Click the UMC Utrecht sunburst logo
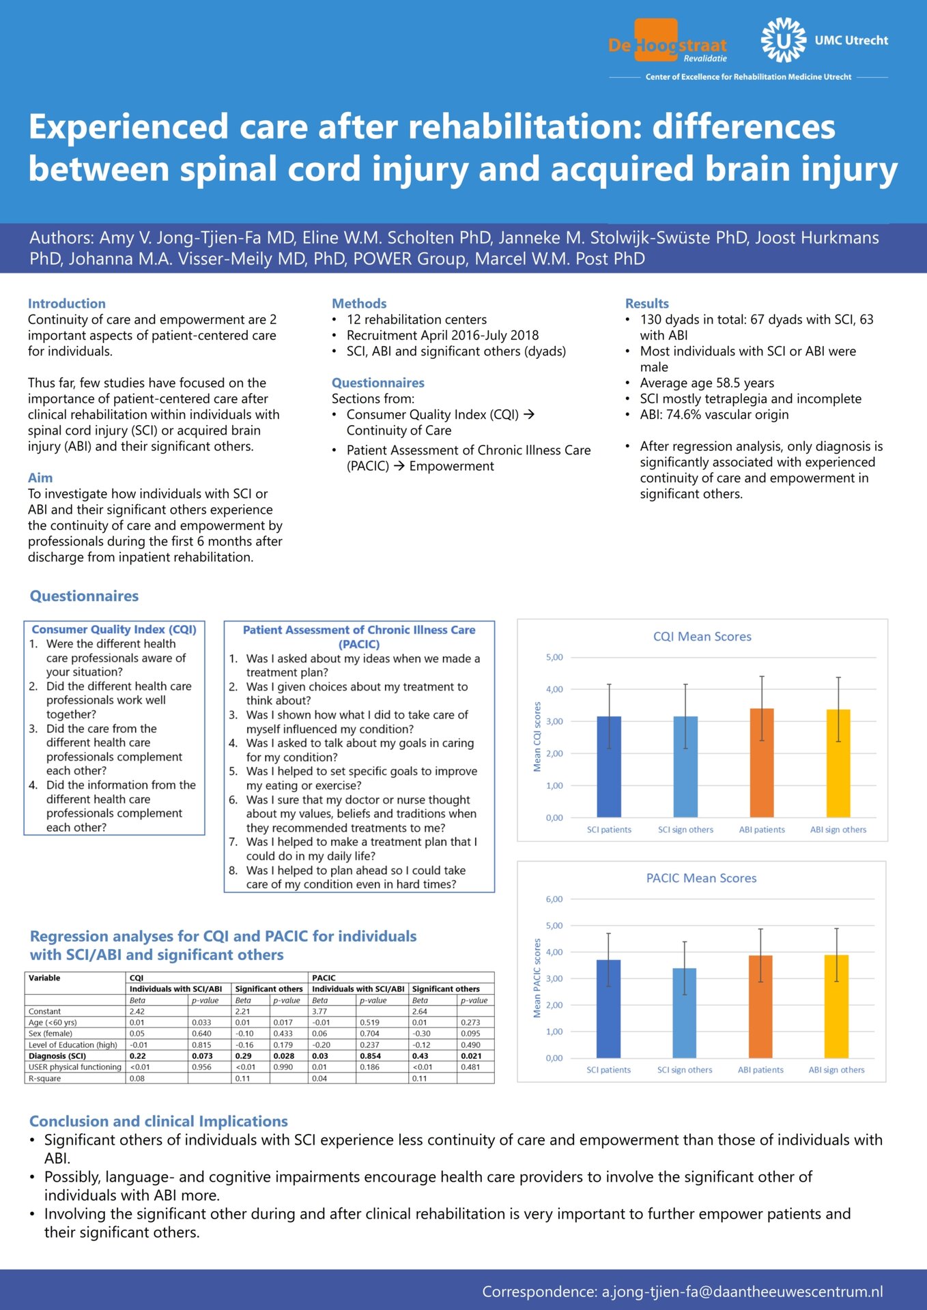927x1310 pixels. point(784,41)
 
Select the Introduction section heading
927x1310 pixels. point(67,304)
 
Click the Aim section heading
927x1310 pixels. point(40,478)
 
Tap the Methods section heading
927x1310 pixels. point(359,304)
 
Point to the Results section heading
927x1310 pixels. point(647,304)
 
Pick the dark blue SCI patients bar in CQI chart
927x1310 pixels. point(609,767)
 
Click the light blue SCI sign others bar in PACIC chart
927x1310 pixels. point(685,1013)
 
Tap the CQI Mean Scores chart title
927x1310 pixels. point(702,637)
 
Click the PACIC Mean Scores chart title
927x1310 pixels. point(701,878)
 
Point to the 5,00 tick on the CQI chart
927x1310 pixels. point(554,657)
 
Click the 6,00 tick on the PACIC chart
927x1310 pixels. point(554,899)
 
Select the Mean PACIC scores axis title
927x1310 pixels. point(537,978)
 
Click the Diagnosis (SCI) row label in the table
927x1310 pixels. point(57,1056)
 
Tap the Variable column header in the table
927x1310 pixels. point(44,978)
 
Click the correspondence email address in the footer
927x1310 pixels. point(742,1292)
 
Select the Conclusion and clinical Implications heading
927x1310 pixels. point(158,1121)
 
